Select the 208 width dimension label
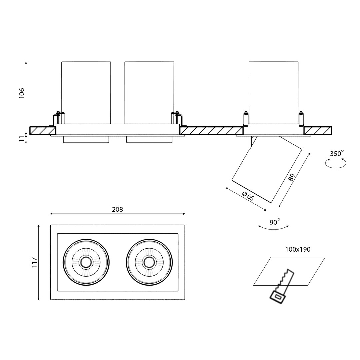[117, 210]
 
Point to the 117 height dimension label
[34, 262]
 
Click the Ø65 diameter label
[248, 196]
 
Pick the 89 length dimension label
[292, 177]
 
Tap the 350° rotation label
[337, 154]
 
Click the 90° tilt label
[275, 222]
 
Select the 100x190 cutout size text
[298, 249]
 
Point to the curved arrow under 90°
[274, 228]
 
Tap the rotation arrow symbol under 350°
[336, 163]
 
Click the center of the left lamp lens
[86, 262]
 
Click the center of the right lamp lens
[149, 262]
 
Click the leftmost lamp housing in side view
[86, 93]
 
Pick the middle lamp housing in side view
[149, 93]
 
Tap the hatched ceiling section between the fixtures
[211, 131]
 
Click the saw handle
[277, 297]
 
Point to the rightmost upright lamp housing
[273, 93]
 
